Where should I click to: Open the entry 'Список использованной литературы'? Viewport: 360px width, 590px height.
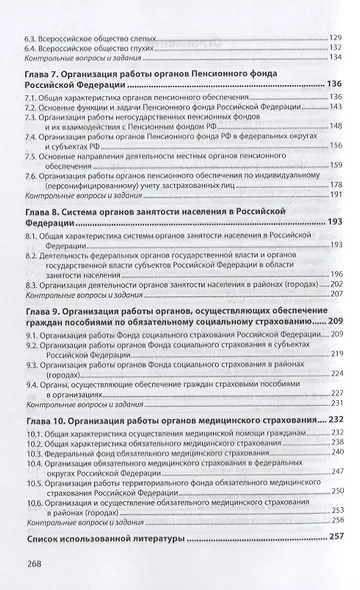(111, 538)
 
